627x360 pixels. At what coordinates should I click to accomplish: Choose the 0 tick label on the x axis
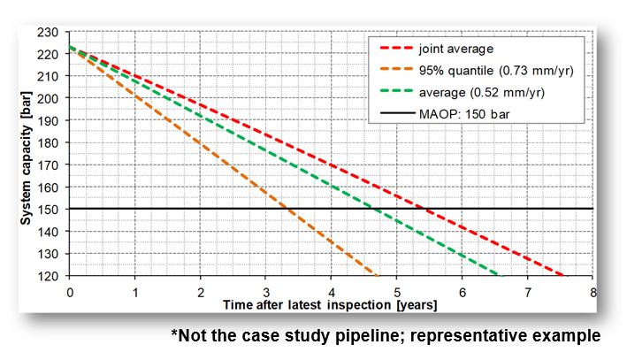point(69,292)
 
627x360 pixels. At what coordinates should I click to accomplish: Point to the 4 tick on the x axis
point(332,292)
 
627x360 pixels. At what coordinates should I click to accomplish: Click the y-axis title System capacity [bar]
point(29,155)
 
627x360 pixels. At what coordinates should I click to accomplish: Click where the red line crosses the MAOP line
point(427,209)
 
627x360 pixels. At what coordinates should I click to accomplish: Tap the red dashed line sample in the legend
point(395,48)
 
